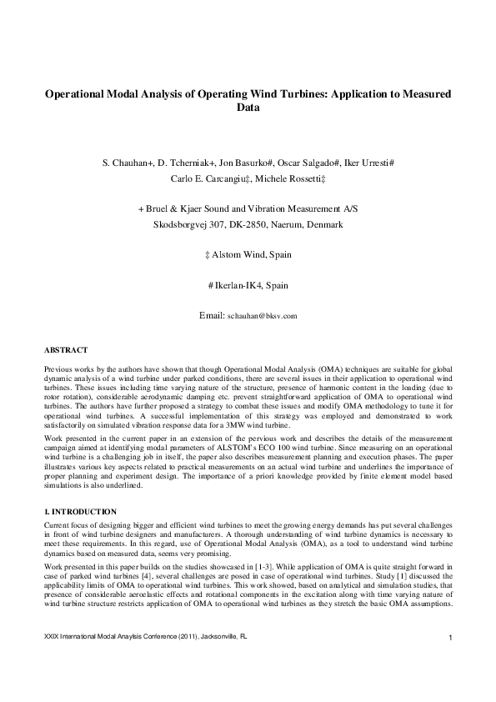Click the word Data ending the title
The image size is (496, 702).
(248, 108)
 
